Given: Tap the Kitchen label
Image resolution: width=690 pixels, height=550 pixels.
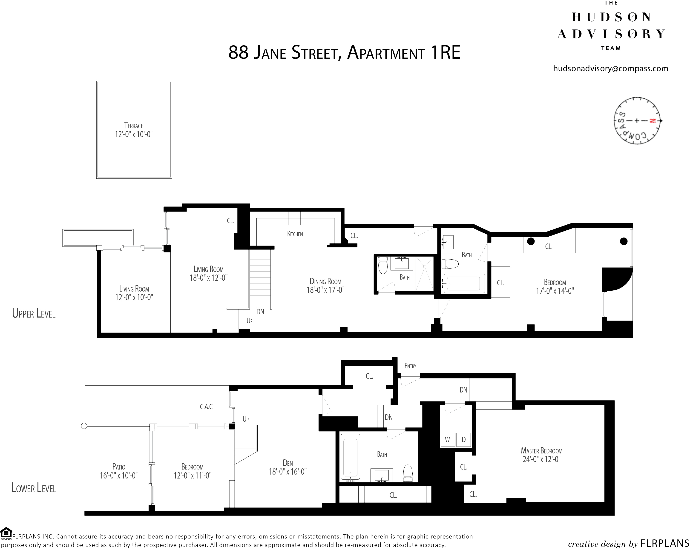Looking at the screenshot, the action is (295, 234).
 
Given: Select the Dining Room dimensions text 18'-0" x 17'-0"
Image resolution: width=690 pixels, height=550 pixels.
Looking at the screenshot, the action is (325, 290).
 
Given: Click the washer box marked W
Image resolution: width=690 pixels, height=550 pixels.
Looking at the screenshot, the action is (447, 440).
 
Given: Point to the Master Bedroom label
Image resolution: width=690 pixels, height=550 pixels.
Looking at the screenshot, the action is (541, 451).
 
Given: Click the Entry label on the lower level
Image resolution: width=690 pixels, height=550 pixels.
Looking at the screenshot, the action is (410, 366).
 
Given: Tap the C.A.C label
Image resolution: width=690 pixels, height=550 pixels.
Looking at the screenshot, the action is (206, 407).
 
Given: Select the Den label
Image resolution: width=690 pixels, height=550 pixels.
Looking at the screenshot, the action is (288, 463).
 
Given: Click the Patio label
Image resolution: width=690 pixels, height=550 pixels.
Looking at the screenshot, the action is (119, 467).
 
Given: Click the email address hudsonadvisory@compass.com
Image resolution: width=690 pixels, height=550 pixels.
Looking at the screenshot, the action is (611, 69).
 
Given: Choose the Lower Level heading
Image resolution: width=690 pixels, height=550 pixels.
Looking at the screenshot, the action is (34, 488).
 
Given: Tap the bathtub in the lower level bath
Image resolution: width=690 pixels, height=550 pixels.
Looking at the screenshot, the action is (351, 457).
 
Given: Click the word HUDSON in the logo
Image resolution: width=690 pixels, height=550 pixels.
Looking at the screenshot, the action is (611, 17).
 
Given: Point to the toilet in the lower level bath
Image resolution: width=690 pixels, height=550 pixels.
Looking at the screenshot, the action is (408, 473).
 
